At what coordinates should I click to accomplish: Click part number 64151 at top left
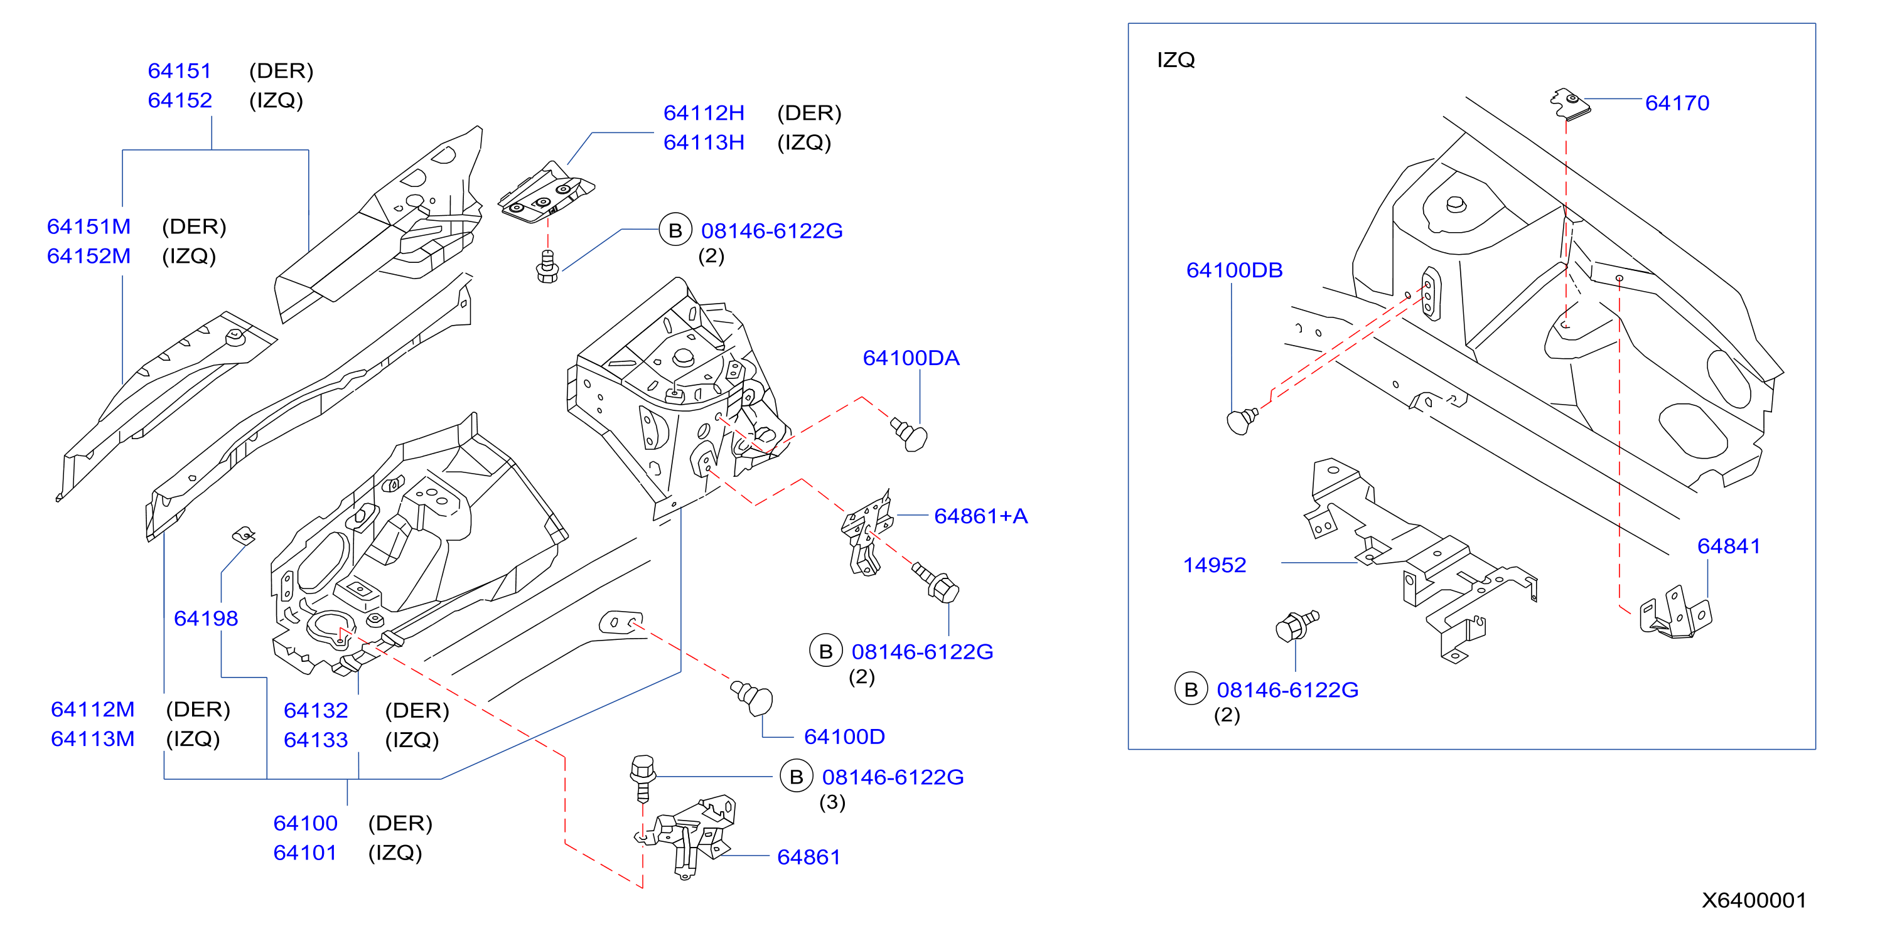click(180, 71)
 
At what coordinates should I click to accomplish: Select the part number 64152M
click(89, 256)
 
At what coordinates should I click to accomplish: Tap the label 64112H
click(704, 113)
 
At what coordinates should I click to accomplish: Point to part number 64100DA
click(911, 358)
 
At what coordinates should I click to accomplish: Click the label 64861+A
click(981, 516)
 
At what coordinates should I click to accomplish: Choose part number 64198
click(206, 618)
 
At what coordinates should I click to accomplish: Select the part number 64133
click(316, 740)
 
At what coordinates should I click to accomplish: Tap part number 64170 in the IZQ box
click(1677, 103)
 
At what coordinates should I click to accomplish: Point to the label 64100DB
click(1234, 270)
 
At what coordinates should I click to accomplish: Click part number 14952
click(1215, 565)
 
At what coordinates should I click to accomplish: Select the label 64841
click(1729, 546)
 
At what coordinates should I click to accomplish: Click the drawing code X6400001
click(1754, 900)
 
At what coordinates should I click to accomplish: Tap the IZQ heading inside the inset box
click(1176, 60)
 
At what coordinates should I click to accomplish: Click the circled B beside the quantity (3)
click(796, 777)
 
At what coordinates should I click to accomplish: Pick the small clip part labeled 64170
click(1570, 104)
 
